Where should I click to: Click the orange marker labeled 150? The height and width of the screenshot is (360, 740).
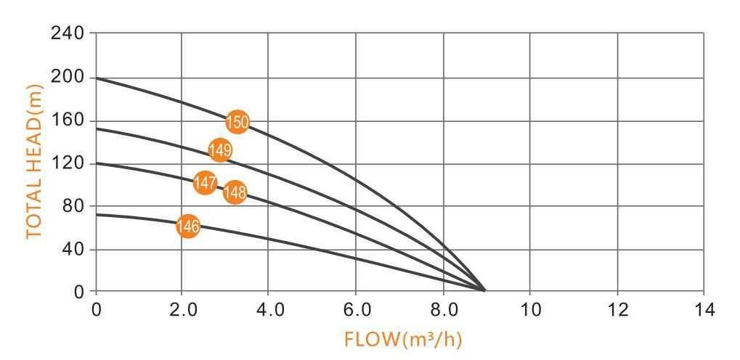point(237,122)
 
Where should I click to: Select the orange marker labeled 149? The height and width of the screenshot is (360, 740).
point(219,150)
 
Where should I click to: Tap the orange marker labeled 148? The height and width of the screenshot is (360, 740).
point(235,192)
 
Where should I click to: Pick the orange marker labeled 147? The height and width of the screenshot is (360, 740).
point(206,182)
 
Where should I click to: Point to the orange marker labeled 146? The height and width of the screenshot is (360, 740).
point(188,226)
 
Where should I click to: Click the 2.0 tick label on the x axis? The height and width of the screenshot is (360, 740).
point(182,310)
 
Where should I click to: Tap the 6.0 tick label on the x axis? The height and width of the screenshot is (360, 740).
point(356,310)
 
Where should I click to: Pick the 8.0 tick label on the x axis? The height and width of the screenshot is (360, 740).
point(443,310)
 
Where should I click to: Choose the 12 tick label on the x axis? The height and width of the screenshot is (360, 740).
point(617,310)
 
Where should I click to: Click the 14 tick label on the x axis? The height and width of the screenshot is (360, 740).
point(703,310)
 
